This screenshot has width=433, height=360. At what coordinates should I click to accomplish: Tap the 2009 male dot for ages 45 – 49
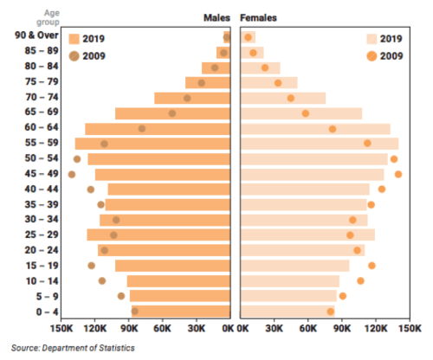click(72, 174)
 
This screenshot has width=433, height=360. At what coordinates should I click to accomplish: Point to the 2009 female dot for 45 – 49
click(398, 174)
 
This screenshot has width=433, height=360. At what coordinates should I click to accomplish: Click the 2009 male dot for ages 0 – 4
click(134, 311)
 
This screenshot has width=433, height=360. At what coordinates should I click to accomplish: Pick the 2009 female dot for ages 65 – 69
click(305, 113)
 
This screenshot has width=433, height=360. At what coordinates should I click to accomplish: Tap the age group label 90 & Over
click(36, 35)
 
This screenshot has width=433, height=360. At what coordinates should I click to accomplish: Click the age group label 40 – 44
click(41, 189)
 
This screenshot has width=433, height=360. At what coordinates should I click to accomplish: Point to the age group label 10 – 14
click(41, 280)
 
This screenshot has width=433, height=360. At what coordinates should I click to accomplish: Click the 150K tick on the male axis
click(62, 329)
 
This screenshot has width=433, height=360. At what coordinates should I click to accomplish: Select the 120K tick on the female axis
click(377, 329)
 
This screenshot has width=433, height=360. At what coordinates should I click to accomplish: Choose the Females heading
click(258, 17)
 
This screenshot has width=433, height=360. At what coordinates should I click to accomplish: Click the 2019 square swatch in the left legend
click(74, 39)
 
